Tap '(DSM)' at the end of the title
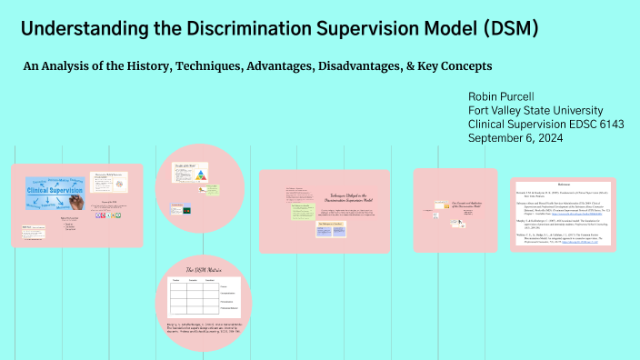505,28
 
